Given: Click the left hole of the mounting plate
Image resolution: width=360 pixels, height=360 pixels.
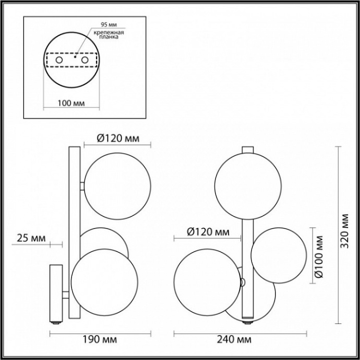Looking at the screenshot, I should pyautogui.click(x=59, y=61).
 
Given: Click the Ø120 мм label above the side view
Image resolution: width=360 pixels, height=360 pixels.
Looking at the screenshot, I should pyautogui.click(x=118, y=138).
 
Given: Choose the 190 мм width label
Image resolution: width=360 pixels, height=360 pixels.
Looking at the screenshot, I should pyautogui.click(x=99, y=339).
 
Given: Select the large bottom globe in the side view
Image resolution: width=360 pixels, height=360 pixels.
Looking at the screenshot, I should pyautogui.click(x=105, y=282).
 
